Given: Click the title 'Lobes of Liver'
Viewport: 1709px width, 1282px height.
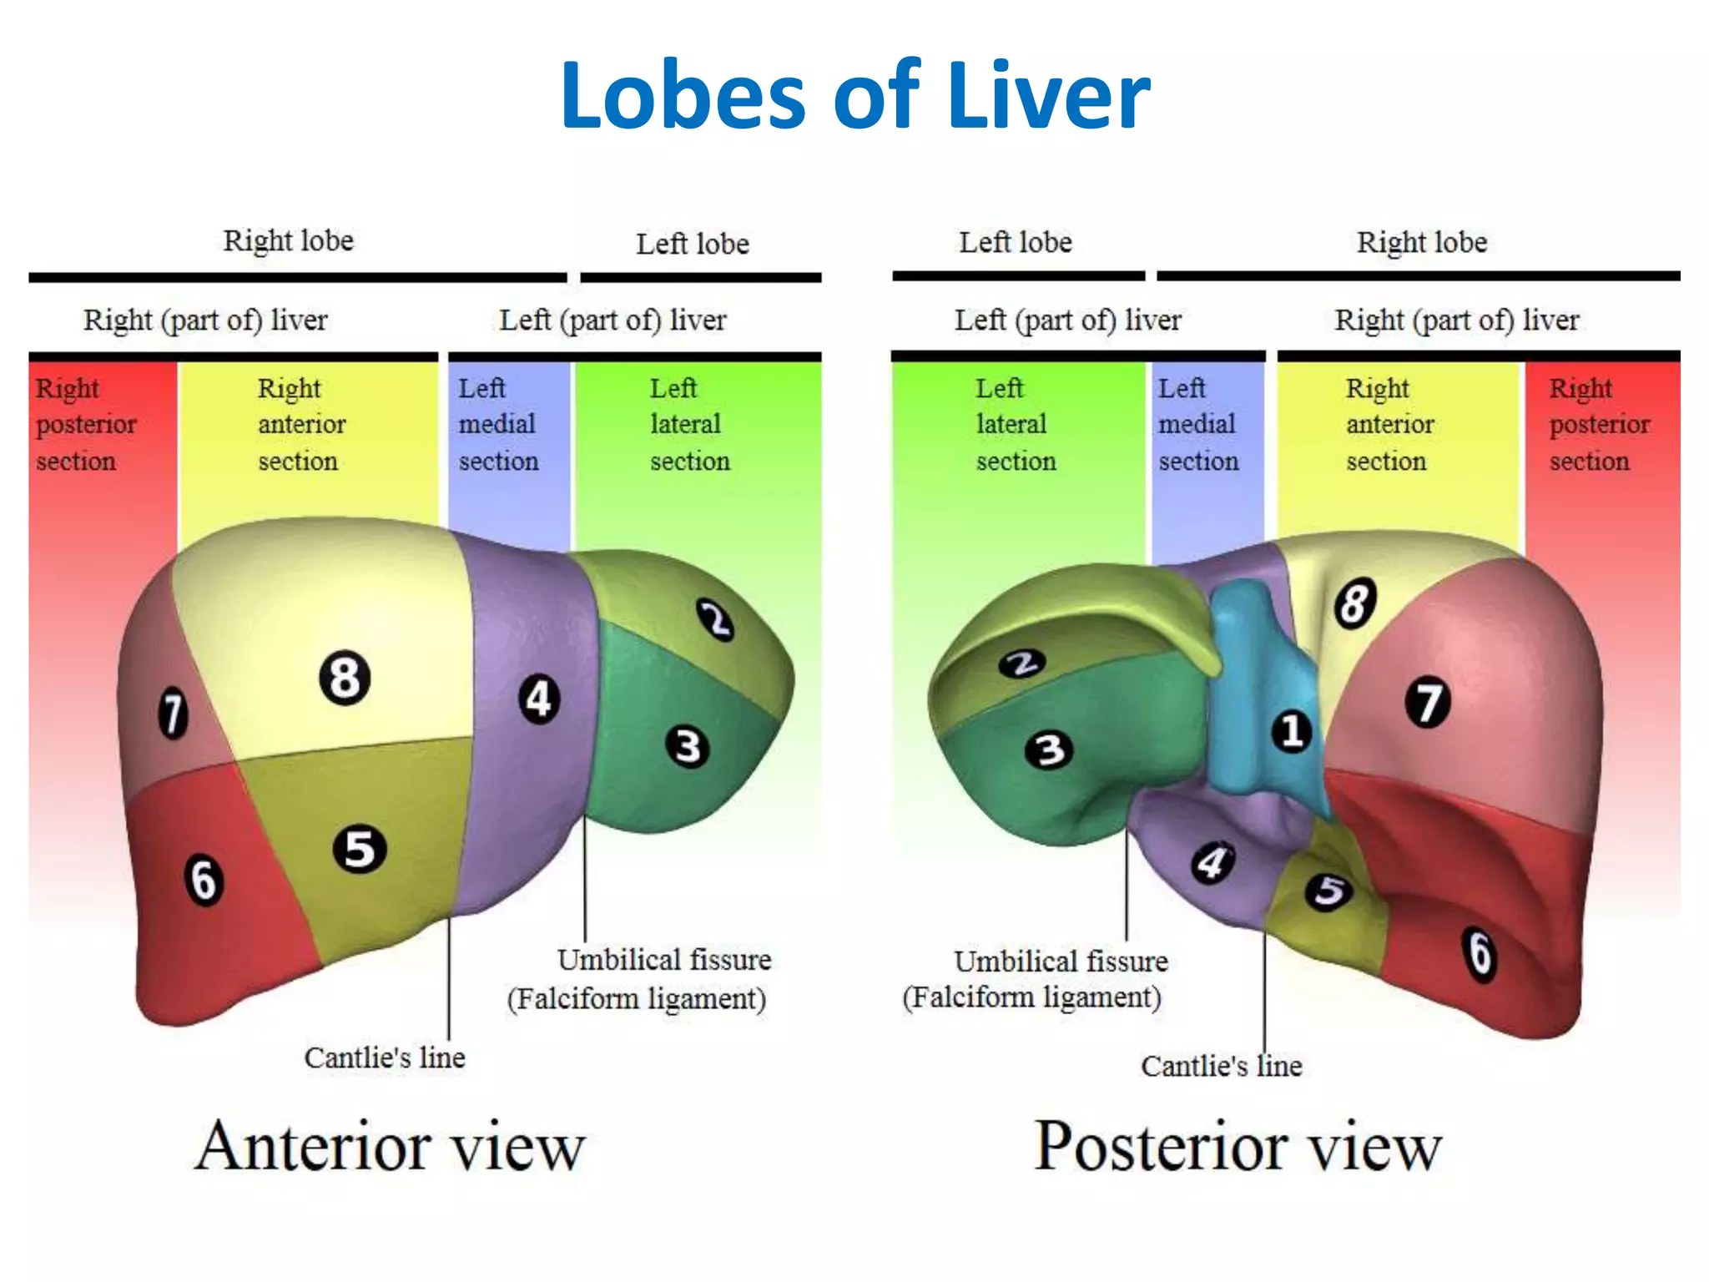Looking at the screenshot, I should coord(854,95).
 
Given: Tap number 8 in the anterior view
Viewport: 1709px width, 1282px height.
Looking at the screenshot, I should coord(345,677).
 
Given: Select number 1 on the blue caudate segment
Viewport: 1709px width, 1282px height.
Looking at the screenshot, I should coord(1291,731).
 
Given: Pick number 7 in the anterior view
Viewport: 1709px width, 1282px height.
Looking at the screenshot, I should coord(173,713).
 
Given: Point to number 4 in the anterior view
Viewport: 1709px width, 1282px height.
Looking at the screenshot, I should coord(539,699).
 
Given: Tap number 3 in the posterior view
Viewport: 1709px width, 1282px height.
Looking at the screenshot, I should coord(1049,749).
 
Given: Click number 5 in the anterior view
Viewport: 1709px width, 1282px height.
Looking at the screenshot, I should coord(360,849).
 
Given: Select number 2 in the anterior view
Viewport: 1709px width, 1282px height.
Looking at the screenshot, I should coord(715,620).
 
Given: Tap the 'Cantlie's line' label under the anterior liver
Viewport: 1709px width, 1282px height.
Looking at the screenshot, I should coord(385,1057).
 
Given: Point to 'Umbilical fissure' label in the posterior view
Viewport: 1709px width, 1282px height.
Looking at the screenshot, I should coord(1061,961).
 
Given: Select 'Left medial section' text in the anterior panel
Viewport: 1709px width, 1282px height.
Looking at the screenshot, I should coord(498,424).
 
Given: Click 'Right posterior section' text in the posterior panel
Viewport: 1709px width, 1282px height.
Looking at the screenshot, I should coord(1598,424).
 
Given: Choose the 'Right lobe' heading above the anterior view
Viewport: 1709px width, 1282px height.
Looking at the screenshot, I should coord(288,240).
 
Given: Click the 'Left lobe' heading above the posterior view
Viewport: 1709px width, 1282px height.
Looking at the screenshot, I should coord(1015,242).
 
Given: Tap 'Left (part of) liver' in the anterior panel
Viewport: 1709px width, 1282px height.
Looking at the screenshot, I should coord(613,320).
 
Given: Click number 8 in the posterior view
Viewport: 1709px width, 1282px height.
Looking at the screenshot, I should coord(1354,603).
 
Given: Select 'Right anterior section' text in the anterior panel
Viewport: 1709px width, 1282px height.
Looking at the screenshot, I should coord(300,424).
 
